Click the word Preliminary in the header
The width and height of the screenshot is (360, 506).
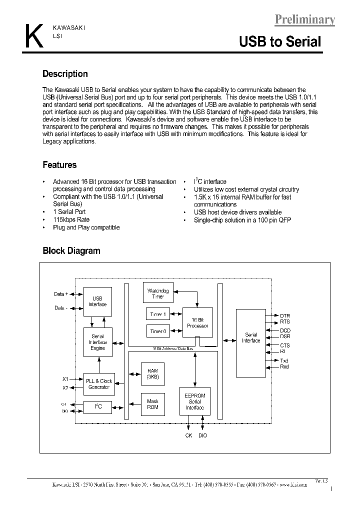point(304,19)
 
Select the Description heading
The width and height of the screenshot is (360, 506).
point(65,74)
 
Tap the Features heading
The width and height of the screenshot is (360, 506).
point(59,165)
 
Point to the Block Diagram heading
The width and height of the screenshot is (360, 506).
point(71,251)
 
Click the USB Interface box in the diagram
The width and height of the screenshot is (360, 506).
point(97,301)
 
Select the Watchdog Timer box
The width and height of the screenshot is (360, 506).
point(158,293)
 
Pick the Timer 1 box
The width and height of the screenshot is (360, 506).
point(158,314)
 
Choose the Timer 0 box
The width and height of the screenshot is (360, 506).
point(158,331)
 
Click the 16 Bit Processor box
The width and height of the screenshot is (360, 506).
point(197,322)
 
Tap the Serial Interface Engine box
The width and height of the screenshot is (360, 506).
point(97,342)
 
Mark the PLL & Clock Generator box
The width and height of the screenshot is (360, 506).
point(98,384)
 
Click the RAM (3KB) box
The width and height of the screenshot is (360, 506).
point(152,374)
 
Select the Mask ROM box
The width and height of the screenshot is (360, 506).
point(152,404)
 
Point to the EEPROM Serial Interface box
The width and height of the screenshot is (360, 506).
point(194,401)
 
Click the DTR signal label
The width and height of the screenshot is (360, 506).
point(284,316)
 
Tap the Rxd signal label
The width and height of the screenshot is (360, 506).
point(284,367)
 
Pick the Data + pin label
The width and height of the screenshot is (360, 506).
point(61,294)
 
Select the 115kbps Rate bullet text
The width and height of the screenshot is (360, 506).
point(71,219)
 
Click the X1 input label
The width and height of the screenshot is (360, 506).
point(65,379)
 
